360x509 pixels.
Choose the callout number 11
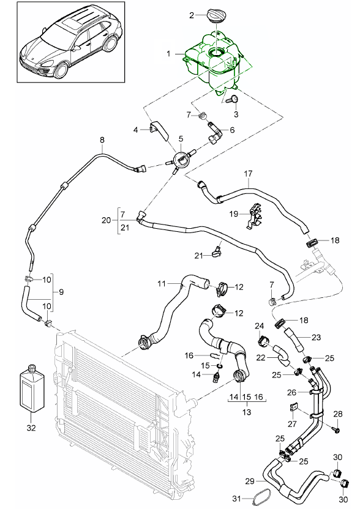click(161, 283)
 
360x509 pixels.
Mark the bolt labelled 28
click(336, 431)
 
